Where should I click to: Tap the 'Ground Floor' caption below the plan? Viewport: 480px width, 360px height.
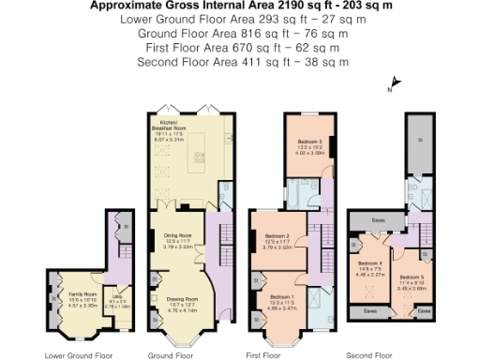coord(171,355)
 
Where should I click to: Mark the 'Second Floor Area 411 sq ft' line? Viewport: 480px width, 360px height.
coord(242,62)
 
